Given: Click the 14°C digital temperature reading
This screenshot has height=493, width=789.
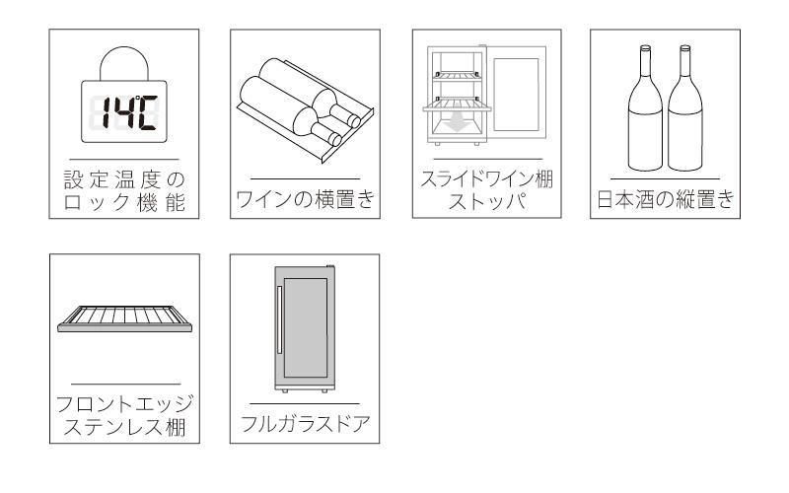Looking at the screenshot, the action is pyautogui.click(x=129, y=112).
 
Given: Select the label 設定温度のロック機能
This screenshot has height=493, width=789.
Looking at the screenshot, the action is pyautogui.click(x=124, y=190).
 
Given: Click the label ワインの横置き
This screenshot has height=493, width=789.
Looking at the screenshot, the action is pyautogui.click(x=305, y=199).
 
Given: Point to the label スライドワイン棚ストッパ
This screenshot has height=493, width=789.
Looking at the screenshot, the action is pyautogui.click(x=486, y=189).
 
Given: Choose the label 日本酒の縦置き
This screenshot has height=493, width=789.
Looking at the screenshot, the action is pyautogui.click(x=665, y=199).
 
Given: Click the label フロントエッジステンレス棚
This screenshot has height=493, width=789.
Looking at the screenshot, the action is pyautogui.click(x=124, y=415).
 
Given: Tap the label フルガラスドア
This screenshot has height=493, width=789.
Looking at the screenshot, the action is pyautogui.click(x=305, y=424).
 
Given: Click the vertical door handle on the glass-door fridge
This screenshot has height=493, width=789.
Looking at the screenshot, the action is pyautogui.click(x=279, y=319).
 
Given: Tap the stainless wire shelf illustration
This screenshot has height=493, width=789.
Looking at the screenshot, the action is pyautogui.click(x=125, y=318).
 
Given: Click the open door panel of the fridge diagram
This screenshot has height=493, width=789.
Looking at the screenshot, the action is pyautogui.click(x=516, y=94).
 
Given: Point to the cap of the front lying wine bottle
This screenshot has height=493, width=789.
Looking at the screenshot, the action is pyautogui.click(x=335, y=138).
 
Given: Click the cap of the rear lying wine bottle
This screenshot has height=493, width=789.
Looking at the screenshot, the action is pyautogui.click(x=354, y=121).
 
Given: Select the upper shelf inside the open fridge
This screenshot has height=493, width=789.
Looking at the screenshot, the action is pyautogui.click(x=456, y=76).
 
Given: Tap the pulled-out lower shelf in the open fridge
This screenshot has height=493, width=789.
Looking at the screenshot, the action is pyautogui.click(x=457, y=106).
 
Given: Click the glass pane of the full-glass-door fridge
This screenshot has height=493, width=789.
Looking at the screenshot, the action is pyautogui.click(x=306, y=327).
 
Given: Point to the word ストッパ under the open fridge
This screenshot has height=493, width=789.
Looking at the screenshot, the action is pyautogui.click(x=487, y=201).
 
